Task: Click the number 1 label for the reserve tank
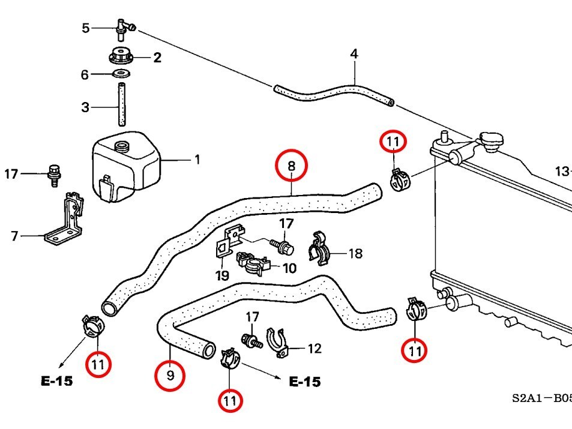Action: (197, 160)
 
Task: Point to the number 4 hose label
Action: (354, 55)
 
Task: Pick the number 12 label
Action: (315, 349)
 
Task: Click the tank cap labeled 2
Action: (121, 58)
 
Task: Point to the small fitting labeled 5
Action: (123, 26)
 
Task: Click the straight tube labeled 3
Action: (122, 105)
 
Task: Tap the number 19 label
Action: (222, 276)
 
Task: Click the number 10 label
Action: (289, 268)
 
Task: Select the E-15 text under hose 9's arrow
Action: (304, 382)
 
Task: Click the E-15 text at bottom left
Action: (57, 380)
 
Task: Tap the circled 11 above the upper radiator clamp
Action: (393, 142)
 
